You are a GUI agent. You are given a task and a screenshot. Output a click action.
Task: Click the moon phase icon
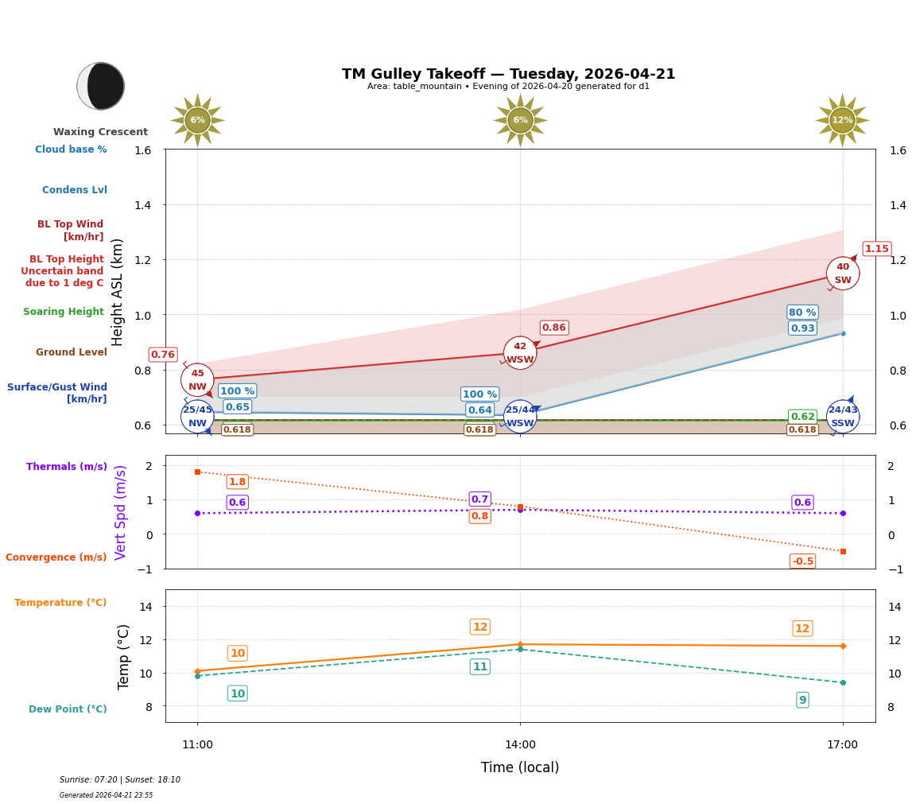tap(101, 86)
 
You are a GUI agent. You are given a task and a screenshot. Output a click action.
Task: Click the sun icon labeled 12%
tap(842, 120)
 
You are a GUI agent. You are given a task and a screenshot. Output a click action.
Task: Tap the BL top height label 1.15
tap(876, 249)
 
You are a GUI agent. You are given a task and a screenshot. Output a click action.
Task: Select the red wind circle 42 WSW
tap(520, 353)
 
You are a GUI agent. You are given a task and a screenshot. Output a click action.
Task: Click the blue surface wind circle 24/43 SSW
tap(843, 416)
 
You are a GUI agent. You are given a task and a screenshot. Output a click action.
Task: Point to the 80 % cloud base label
tap(802, 313)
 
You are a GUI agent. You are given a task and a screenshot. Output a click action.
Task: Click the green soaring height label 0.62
tap(802, 417)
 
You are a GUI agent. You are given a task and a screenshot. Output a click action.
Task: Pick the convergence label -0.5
tap(802, 561)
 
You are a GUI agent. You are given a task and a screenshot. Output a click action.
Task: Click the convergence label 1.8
tap(237, 482)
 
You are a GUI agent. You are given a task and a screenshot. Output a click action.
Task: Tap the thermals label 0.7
tap(479, 499)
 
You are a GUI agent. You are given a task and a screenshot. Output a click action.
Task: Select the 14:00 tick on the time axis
tap(520, 744)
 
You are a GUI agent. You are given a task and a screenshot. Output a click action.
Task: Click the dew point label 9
tap(802, 700)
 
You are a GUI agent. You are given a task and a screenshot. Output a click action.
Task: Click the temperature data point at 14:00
tap(520, 644)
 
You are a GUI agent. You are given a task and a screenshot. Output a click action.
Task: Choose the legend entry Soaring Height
tap(64, 312)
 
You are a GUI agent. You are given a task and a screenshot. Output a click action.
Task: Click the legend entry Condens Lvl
tap(75, 190)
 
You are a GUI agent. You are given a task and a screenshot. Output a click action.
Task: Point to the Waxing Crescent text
tap(100, 132)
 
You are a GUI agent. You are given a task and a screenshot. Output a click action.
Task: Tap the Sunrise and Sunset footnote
tap(120, 780)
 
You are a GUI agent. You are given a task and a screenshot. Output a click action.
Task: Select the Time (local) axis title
tap(520, 767)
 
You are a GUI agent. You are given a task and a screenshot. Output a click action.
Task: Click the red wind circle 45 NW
tap(197, 380)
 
